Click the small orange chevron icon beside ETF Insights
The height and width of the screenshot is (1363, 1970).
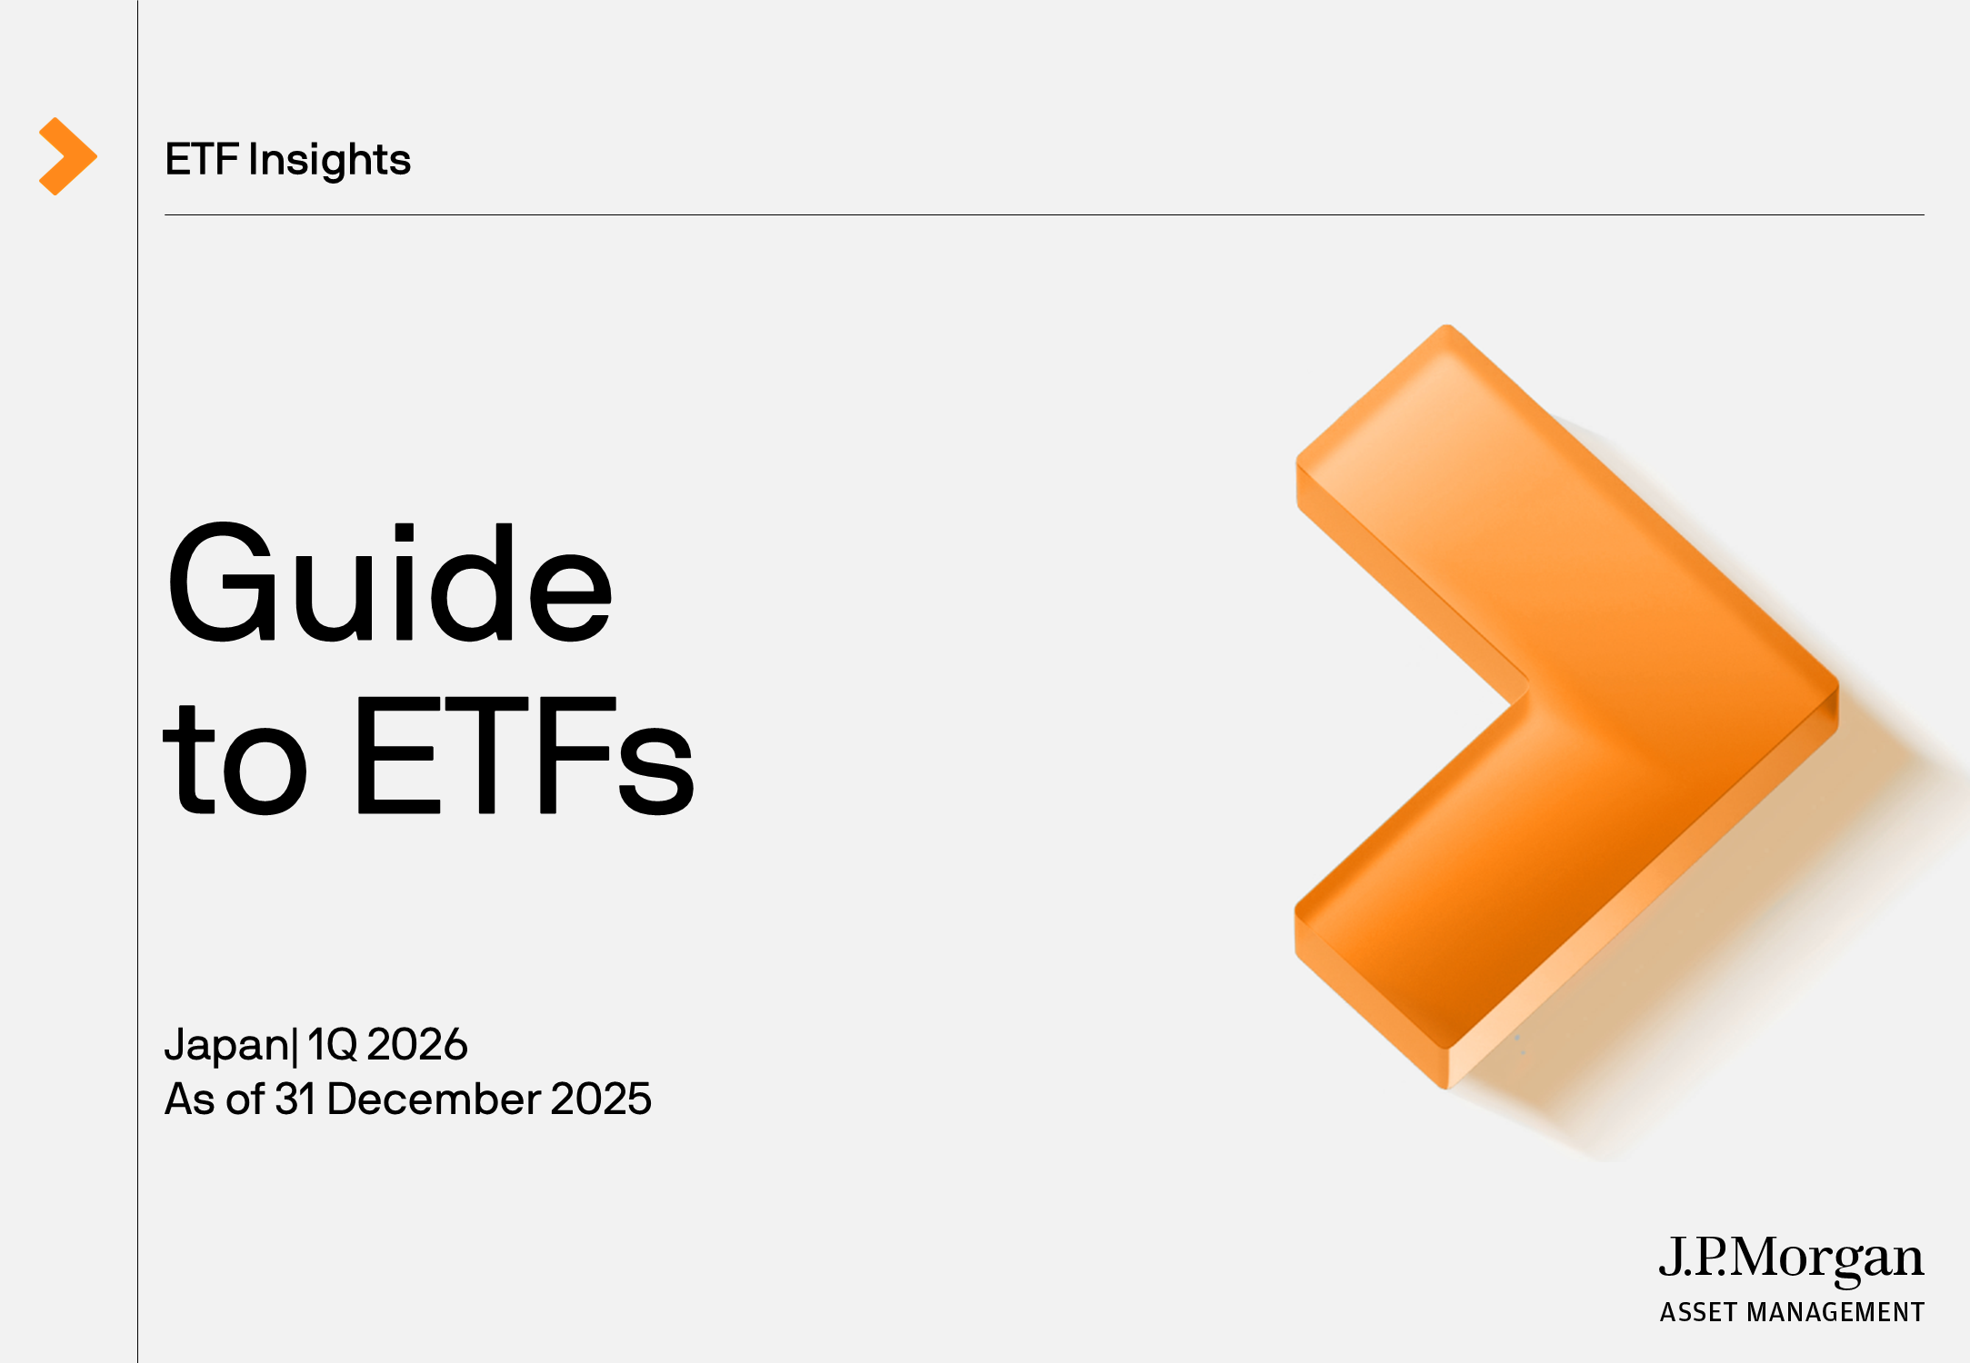(x=67, y=156)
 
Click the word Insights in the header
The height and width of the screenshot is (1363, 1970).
(x=329, y=160)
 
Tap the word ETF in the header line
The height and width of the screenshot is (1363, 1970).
(x=201, y=159)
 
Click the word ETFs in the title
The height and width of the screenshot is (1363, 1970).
(x=525, y=755)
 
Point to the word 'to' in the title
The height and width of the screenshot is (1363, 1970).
(x=235, y=760)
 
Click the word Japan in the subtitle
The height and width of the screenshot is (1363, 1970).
(x=226, y=1046)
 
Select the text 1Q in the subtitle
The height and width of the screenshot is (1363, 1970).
(x=331, y=1044)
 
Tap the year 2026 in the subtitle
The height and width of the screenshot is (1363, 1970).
(x=417, y=1044)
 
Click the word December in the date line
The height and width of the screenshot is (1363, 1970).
(x=434, y=1099)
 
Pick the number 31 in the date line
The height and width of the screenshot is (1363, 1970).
(x=294, y=1099)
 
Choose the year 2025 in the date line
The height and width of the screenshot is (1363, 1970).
(x=601, y=1099)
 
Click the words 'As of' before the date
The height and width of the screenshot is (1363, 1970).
(x=215, y=1099)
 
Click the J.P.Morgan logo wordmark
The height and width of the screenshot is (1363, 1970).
(x=1790, y=1259)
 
